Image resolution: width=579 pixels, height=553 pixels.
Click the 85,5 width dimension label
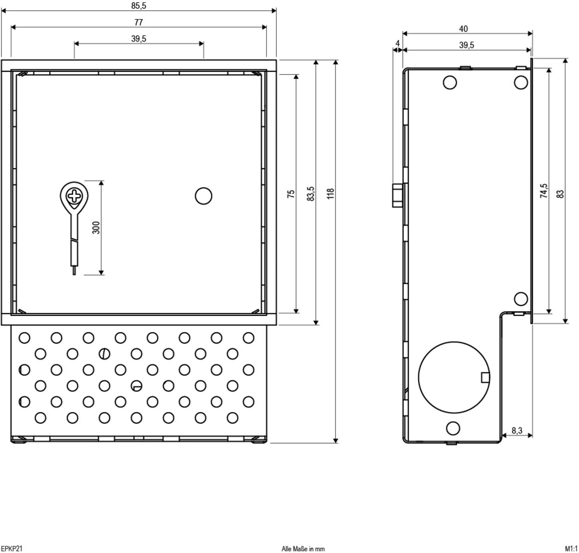tap(138, 6)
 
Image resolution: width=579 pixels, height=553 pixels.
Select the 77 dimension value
tap(138, 22)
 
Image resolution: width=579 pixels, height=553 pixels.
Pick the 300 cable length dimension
tap(97, 228)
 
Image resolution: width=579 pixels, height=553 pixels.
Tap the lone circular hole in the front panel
tap(203, 196)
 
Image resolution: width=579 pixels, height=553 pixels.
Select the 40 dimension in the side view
tap(463, 29)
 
